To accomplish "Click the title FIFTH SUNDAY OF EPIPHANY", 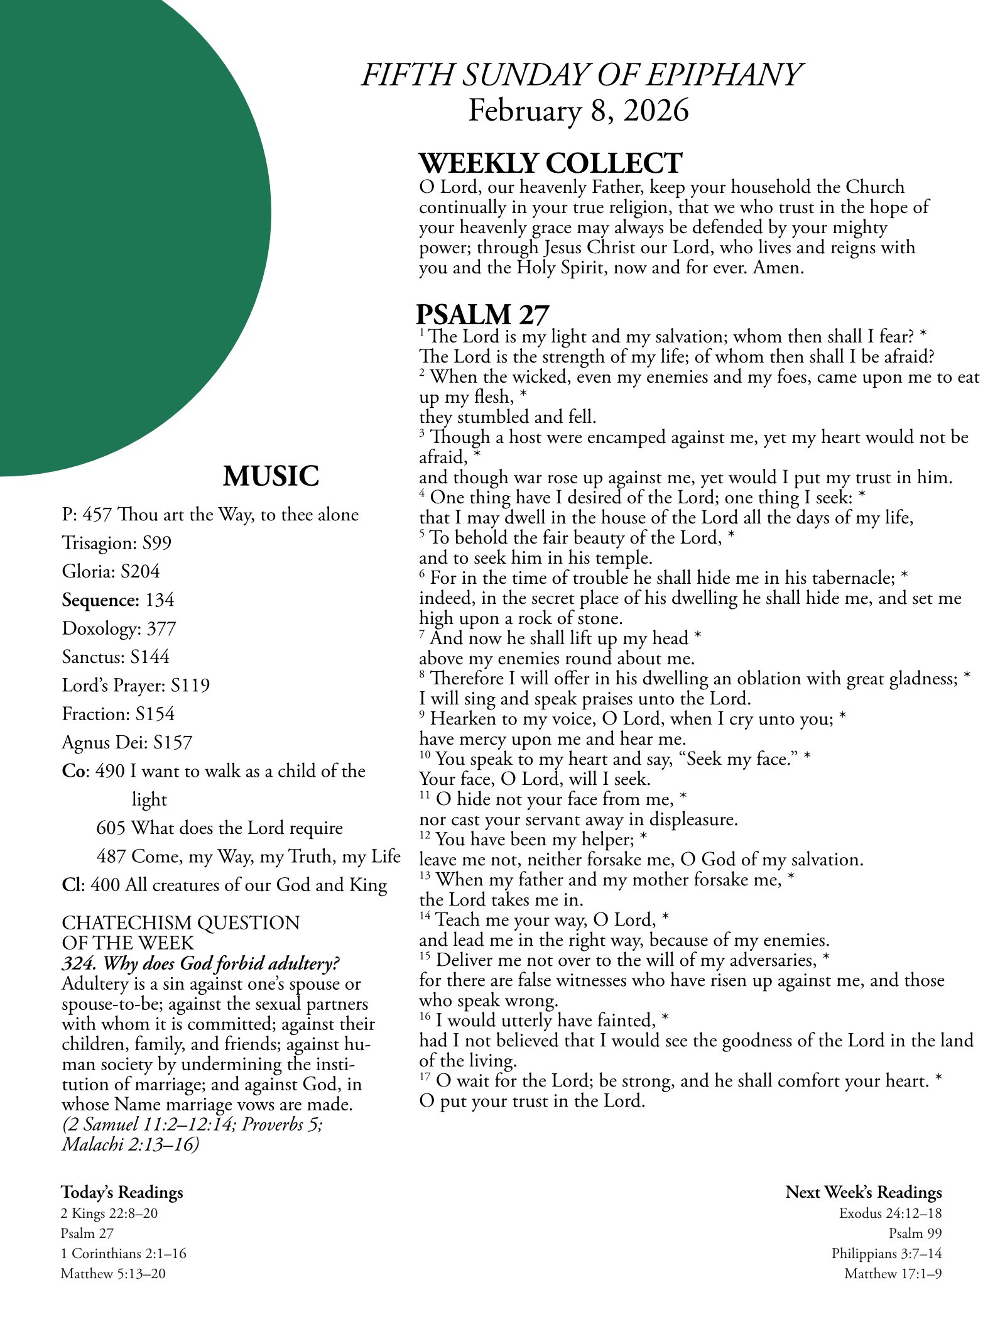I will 581,75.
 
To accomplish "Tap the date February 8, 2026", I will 579,111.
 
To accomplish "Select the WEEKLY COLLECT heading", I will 550,163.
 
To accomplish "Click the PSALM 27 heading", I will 482,314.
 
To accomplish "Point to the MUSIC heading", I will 271,476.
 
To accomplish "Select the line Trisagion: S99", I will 116,543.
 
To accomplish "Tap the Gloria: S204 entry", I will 111,571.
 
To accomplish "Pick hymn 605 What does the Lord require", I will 219,828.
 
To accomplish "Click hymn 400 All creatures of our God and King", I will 224,885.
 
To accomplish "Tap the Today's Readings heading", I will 122,1192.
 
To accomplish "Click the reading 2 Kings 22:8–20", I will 109,1213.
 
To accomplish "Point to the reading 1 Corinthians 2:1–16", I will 123,1253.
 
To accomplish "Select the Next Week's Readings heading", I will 864,1192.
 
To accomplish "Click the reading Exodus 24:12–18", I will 890,1213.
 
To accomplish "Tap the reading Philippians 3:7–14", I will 886,1253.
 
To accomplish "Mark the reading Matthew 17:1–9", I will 893,1273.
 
